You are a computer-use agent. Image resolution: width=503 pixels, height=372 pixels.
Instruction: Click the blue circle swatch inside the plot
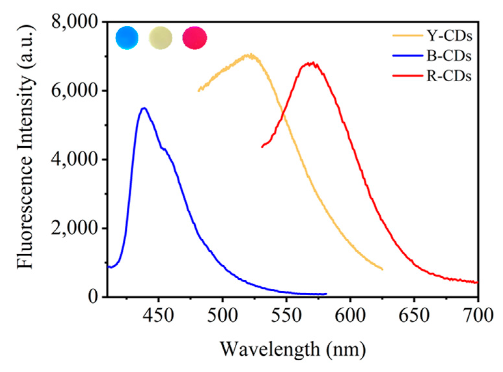click(127, 38)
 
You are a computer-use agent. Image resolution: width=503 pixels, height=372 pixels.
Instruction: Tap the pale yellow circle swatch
click(161, 38)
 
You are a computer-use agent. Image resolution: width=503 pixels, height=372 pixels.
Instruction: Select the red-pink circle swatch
click(195, 38)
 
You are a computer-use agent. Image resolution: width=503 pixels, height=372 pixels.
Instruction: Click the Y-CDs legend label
click(449, 36)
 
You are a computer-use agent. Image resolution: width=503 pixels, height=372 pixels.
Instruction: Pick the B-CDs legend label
click(449, 56)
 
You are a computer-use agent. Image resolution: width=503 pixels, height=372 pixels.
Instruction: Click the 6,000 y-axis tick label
click(74, 91)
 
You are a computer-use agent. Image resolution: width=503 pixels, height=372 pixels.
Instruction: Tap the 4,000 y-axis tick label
click(74, 159)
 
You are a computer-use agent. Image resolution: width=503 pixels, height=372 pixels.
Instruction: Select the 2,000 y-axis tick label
click(74, 228)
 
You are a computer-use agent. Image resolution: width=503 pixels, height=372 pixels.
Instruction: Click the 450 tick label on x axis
click(159, 315)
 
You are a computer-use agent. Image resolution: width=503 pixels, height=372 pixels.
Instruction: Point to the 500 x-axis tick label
click(222, 315)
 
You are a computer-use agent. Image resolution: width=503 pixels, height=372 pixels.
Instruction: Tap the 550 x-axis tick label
click(286, 315)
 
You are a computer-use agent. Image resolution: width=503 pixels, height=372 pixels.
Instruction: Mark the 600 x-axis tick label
click(350, 315)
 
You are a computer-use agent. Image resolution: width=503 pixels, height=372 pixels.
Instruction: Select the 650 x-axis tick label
click(414, 315)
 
